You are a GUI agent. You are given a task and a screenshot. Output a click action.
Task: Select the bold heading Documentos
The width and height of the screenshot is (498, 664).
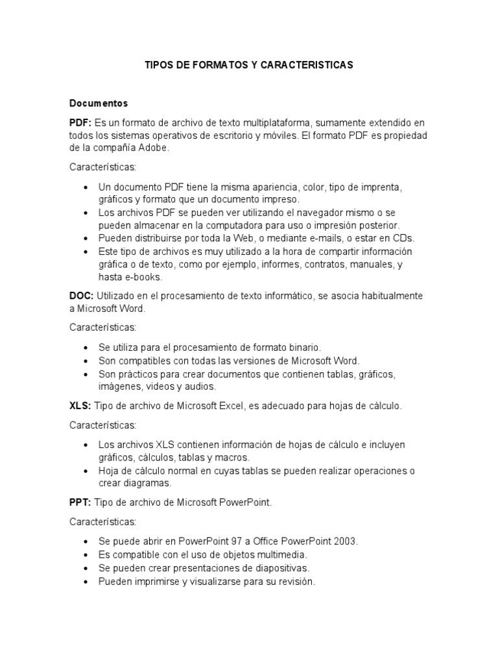(x=99, y=103)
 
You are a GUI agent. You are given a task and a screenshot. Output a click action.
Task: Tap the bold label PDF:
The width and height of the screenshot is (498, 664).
(x=80, y=123)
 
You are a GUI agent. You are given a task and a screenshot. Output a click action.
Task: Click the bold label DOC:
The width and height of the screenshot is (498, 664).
(x=82, y=296)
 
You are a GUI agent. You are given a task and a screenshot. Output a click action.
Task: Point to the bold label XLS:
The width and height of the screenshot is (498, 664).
(x=80, y=406)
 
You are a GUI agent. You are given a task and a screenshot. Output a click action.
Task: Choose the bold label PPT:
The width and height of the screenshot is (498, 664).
(x=81, y=503)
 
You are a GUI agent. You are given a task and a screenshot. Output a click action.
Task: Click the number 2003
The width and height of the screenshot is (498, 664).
(x=344, y=541)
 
